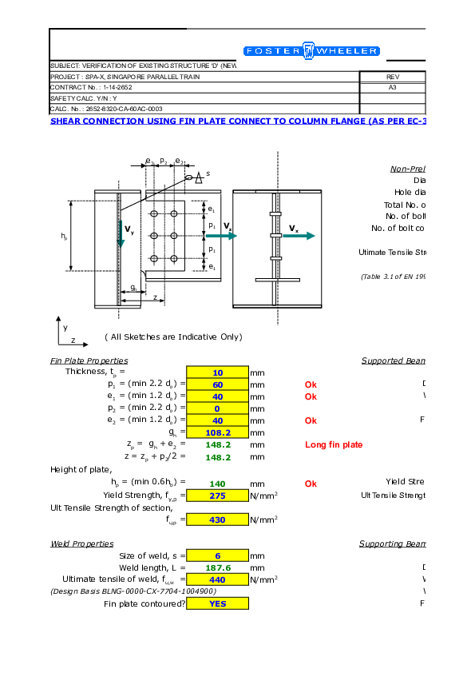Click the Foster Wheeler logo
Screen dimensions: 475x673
(311, 51)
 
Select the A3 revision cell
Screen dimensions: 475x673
(392, 87)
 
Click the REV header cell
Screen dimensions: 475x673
(392, 77)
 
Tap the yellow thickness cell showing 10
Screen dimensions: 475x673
(217, 372)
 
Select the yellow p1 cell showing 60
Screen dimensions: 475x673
(217, 384)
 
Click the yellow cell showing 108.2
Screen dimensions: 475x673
(217, 432)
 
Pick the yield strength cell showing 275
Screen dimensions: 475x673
(217, 495)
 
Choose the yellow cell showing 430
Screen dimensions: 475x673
(217, 519)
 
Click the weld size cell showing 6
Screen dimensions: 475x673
(217, 556)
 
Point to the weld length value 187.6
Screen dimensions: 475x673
(217, 567)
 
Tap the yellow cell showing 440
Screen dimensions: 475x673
(217, 579)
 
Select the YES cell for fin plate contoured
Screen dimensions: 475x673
(217, 603)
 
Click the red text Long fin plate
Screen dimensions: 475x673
(334, 444)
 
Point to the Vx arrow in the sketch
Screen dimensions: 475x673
(301, 235)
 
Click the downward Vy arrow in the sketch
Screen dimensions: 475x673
(121, 235)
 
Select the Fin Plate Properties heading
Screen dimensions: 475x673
(89, 361)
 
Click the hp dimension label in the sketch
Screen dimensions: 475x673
(64, 237)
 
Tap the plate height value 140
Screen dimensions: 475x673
(217, 483)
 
